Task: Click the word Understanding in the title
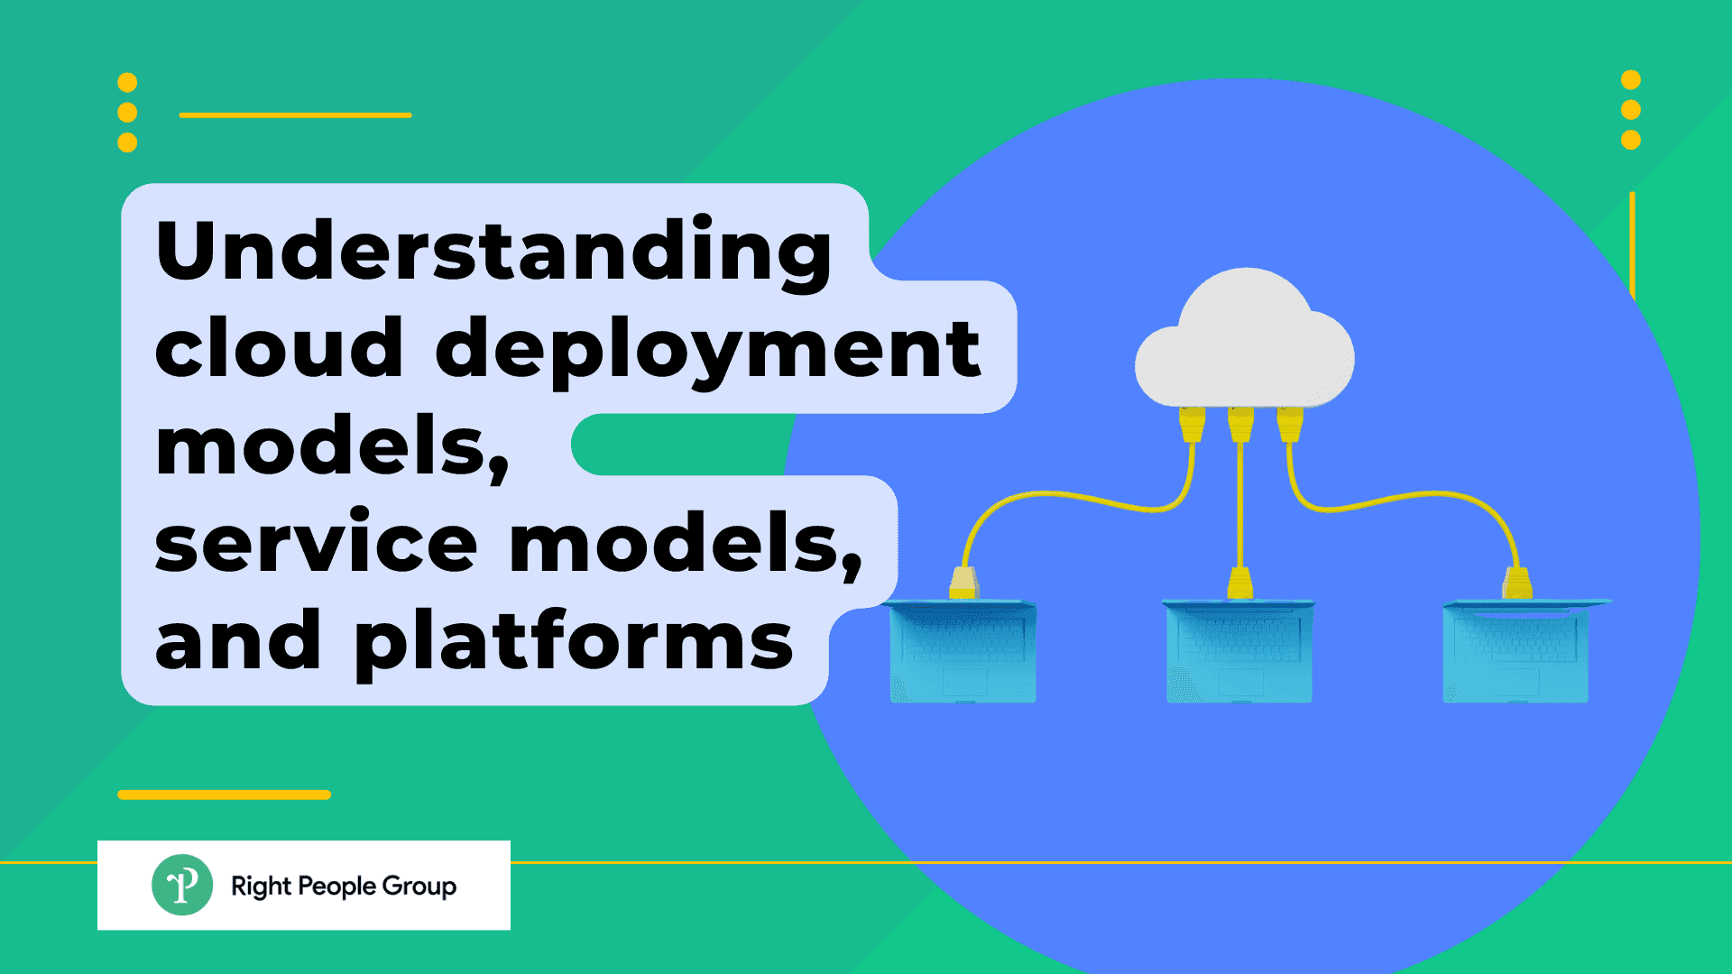493,253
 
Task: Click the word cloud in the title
279,349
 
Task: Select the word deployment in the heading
708,352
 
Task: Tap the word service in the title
316,543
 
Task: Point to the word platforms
574,642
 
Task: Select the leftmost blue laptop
963,651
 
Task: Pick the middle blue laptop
1239,651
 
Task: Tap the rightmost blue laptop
1517,651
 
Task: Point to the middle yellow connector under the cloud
1241,424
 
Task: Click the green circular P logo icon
182,885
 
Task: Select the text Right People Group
344,886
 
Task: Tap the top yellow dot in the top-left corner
127,83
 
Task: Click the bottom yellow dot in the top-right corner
1630,140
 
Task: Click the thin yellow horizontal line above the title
295,115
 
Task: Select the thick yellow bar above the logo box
224,795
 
